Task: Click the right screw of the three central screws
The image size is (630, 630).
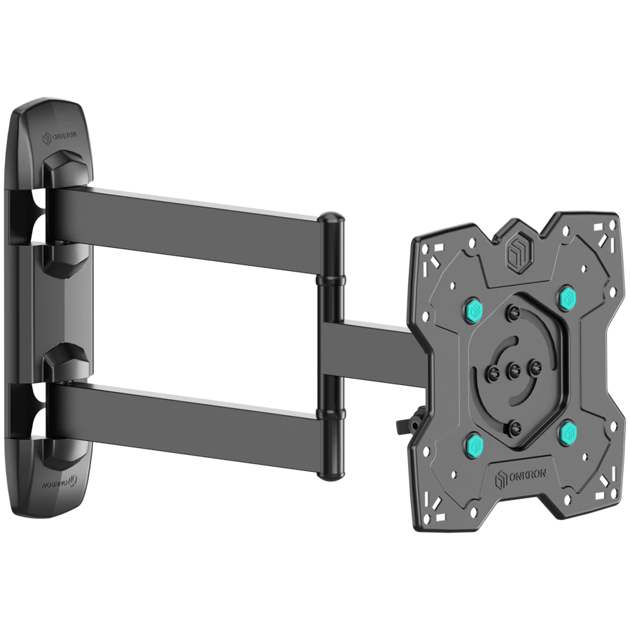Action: (535, 365)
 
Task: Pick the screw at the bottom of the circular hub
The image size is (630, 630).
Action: (515, 424)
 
